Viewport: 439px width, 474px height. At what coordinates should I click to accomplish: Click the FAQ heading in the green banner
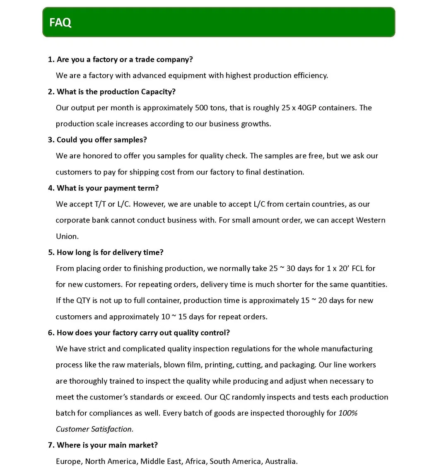pos(60,22)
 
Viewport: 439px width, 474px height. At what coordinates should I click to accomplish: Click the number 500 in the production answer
pos(202,108)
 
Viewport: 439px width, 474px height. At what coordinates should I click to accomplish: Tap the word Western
pos(371,220)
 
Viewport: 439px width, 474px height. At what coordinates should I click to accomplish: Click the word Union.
pos(67,236)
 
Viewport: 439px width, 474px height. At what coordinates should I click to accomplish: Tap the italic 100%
pos(348,413)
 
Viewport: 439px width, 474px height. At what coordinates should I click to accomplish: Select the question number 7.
pos(51,445)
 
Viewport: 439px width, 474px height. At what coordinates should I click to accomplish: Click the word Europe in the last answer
pos(69,461)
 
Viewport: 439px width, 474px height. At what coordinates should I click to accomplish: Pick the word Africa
pos(195,461)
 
